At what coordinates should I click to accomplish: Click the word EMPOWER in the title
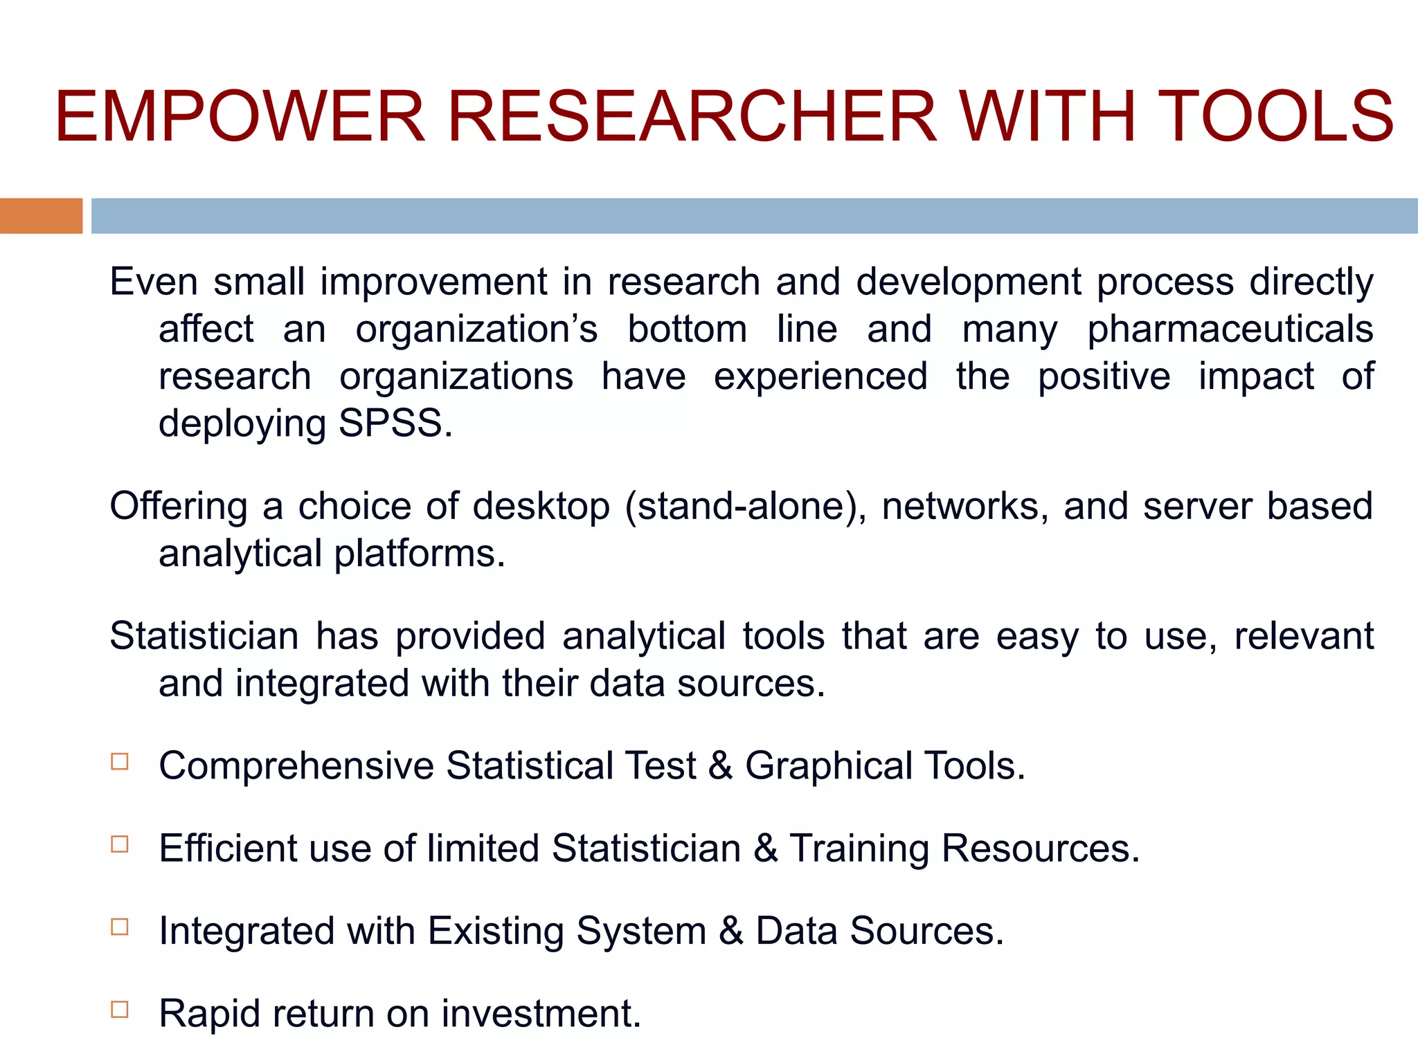(x=240, y=116)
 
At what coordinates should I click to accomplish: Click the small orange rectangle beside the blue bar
(x=41, y=215)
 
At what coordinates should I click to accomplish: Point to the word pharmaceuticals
(x=1230, y=330)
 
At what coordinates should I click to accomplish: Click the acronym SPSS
(x=394, y=423)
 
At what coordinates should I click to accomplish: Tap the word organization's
(x=476, y=329)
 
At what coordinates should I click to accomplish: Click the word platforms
(x=420, y=554)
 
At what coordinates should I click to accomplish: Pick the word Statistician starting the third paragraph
(x=204, y=635)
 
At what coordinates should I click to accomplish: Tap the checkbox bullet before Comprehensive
(x=120, y=761)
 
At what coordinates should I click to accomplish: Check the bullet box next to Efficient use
(x=120, y=844)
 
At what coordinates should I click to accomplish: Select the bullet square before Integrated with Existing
(x=120, y=926)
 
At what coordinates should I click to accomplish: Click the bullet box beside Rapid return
(x=120, y=1009)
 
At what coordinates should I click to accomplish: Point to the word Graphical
(x=828, y=767)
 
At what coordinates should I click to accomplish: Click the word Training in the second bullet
(x=859, y=849)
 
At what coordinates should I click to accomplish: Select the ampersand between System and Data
(x=730, y=931)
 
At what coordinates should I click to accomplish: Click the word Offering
(x=178, y=507)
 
